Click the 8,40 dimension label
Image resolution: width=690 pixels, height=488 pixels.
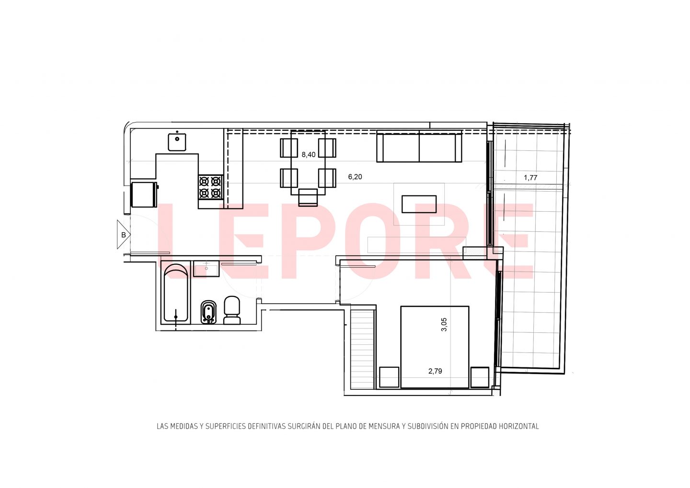pyautogui.click(x=309, y=155)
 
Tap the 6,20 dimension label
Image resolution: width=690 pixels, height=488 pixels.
pyautogui.click(x=355, y=177)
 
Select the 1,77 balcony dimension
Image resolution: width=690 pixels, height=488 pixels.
pyautogui.click(x=530, y=178)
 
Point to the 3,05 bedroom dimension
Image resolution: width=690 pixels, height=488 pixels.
pyautogui.click(x=444, y=325)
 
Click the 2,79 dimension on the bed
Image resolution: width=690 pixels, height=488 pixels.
pyautogui.click(x=435, y=371)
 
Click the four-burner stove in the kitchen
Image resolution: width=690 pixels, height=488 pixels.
pyautogui.click(x=211, y=187)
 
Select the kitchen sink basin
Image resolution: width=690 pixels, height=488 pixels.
pyautogui.click(x=177, y=142)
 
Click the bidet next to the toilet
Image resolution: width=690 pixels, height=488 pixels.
pyautogui.click(x=209, y=312)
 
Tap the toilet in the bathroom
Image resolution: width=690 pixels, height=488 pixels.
pyautogui.click(x=231, y=310)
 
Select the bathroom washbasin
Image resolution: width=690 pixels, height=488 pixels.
pyautogui.click(x=207, y=269)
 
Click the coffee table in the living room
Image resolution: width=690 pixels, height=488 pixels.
pyautogui.click(x=419, y=204)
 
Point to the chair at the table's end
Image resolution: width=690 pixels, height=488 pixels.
pyautogui.click(x=308, y=197)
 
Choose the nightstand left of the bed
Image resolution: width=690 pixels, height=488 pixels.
pyautogui.click(x=389, y=377)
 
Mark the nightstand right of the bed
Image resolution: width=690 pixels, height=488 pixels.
pyautogui.click(x=480, y=377)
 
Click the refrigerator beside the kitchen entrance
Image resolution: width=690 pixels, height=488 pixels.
pyautogui.click(x=144, y=194)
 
